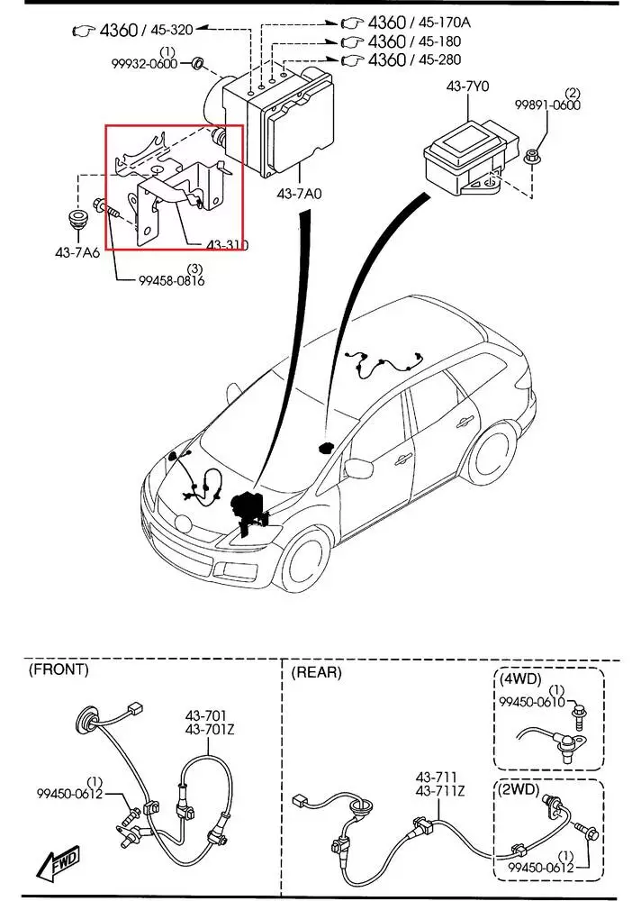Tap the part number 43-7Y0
[466, 87]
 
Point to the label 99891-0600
[547, 105]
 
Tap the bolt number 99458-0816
[172, 281]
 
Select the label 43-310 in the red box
[226, 245]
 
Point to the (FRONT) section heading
[59, 669]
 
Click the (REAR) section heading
[318, 671]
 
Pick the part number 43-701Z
[211, 729]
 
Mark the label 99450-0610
[533, 702]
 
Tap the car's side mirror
[359, 468]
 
